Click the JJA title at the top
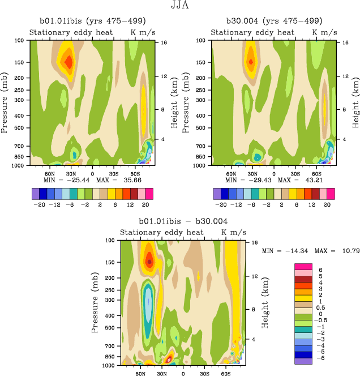pos(180,7)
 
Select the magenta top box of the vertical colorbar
pos(303,266)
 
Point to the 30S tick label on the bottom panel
pos(204,374)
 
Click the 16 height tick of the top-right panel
pos(338,42)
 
